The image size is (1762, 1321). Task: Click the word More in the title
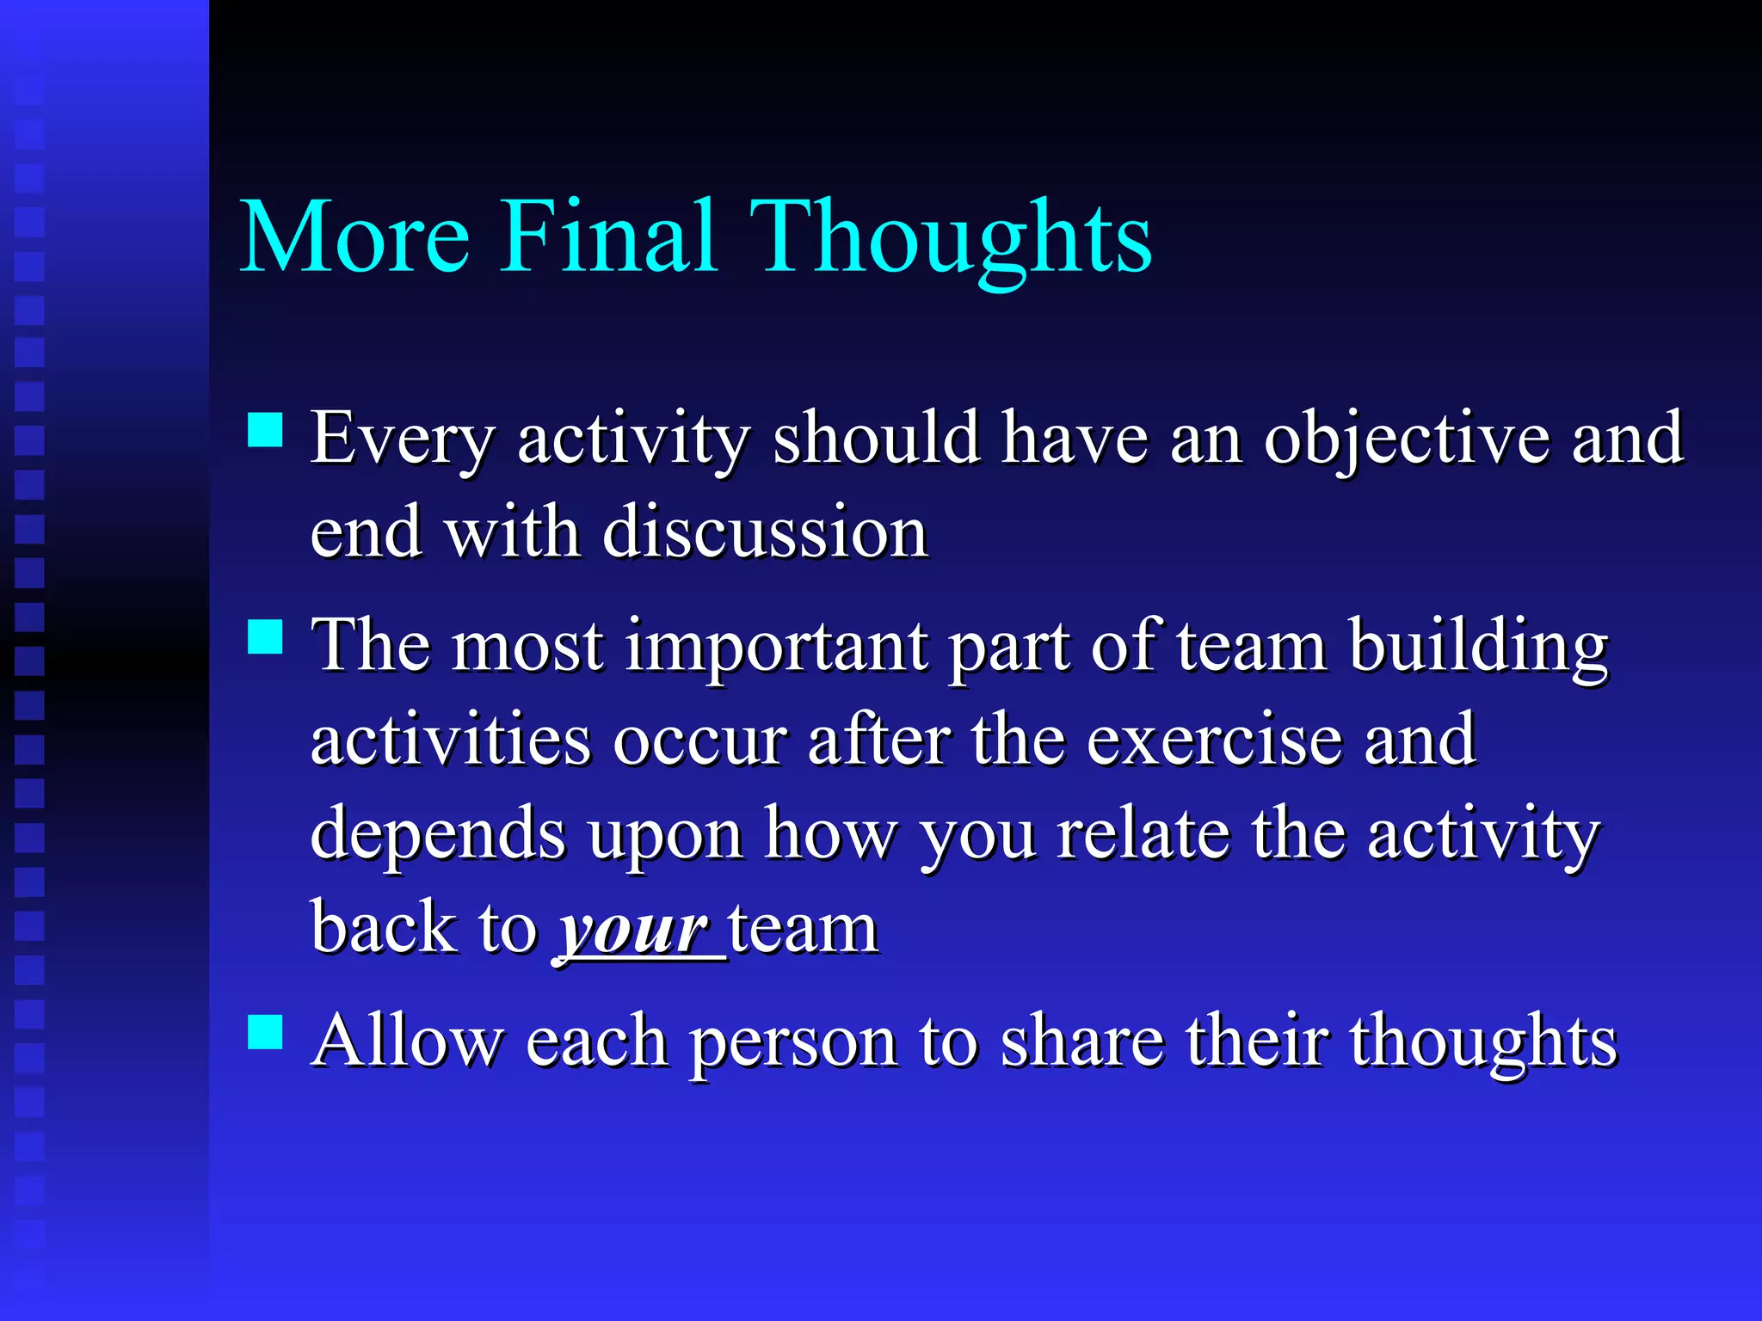click(355, 237)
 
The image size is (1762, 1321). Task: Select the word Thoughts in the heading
click(951, 237)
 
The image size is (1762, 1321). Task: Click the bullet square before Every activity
click(265, 430)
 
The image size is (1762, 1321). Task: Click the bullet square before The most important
click(265, 637)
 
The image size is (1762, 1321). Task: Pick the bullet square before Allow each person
click(265, 1032)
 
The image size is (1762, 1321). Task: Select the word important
click(776, 646)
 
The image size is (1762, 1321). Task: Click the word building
click(1477, 646)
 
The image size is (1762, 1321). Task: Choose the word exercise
click(1214, 740)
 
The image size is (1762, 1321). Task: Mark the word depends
click(438, 835)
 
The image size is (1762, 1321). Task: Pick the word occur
click(699, 740)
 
